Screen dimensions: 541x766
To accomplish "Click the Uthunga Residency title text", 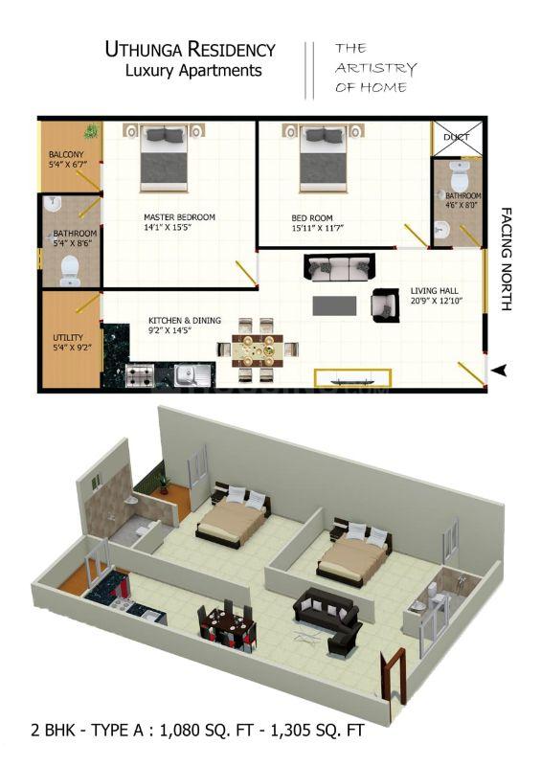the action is click(191, 50).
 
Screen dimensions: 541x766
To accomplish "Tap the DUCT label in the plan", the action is click(457, 137).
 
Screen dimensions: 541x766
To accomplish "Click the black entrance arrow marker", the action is click(499, 371).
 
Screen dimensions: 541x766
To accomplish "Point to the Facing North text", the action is click(507, 259).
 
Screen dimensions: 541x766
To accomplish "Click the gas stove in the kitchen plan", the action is click(140, 375).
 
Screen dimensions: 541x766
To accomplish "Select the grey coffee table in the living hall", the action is click(334, 305).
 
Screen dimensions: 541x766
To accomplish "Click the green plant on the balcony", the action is click(91, 131).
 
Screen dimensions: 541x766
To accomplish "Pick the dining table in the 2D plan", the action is click(257, 349).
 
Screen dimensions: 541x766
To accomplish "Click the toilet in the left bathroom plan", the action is click(69, 271).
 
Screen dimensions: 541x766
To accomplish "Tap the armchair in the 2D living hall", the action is click(386, 305).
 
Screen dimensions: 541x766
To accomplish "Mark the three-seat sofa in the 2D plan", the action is click(340, 267).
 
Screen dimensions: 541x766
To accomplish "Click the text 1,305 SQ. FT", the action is click(317, 730).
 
